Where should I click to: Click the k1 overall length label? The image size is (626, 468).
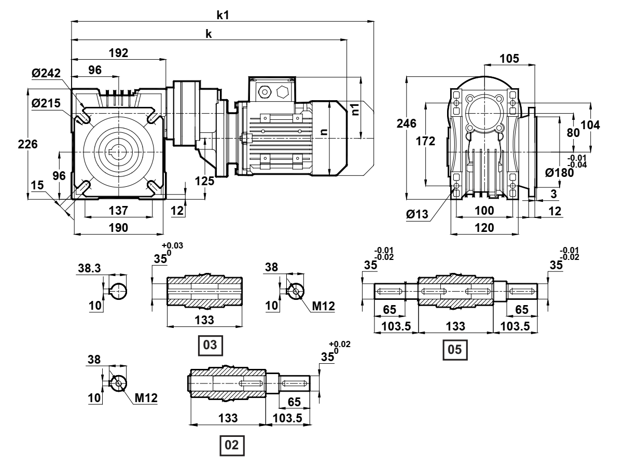tap(223, 15)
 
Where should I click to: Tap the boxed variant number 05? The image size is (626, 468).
tap(454, 349)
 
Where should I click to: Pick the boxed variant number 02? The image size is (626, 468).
tap(233, 445)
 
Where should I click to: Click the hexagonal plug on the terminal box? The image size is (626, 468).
tap(283, 92)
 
